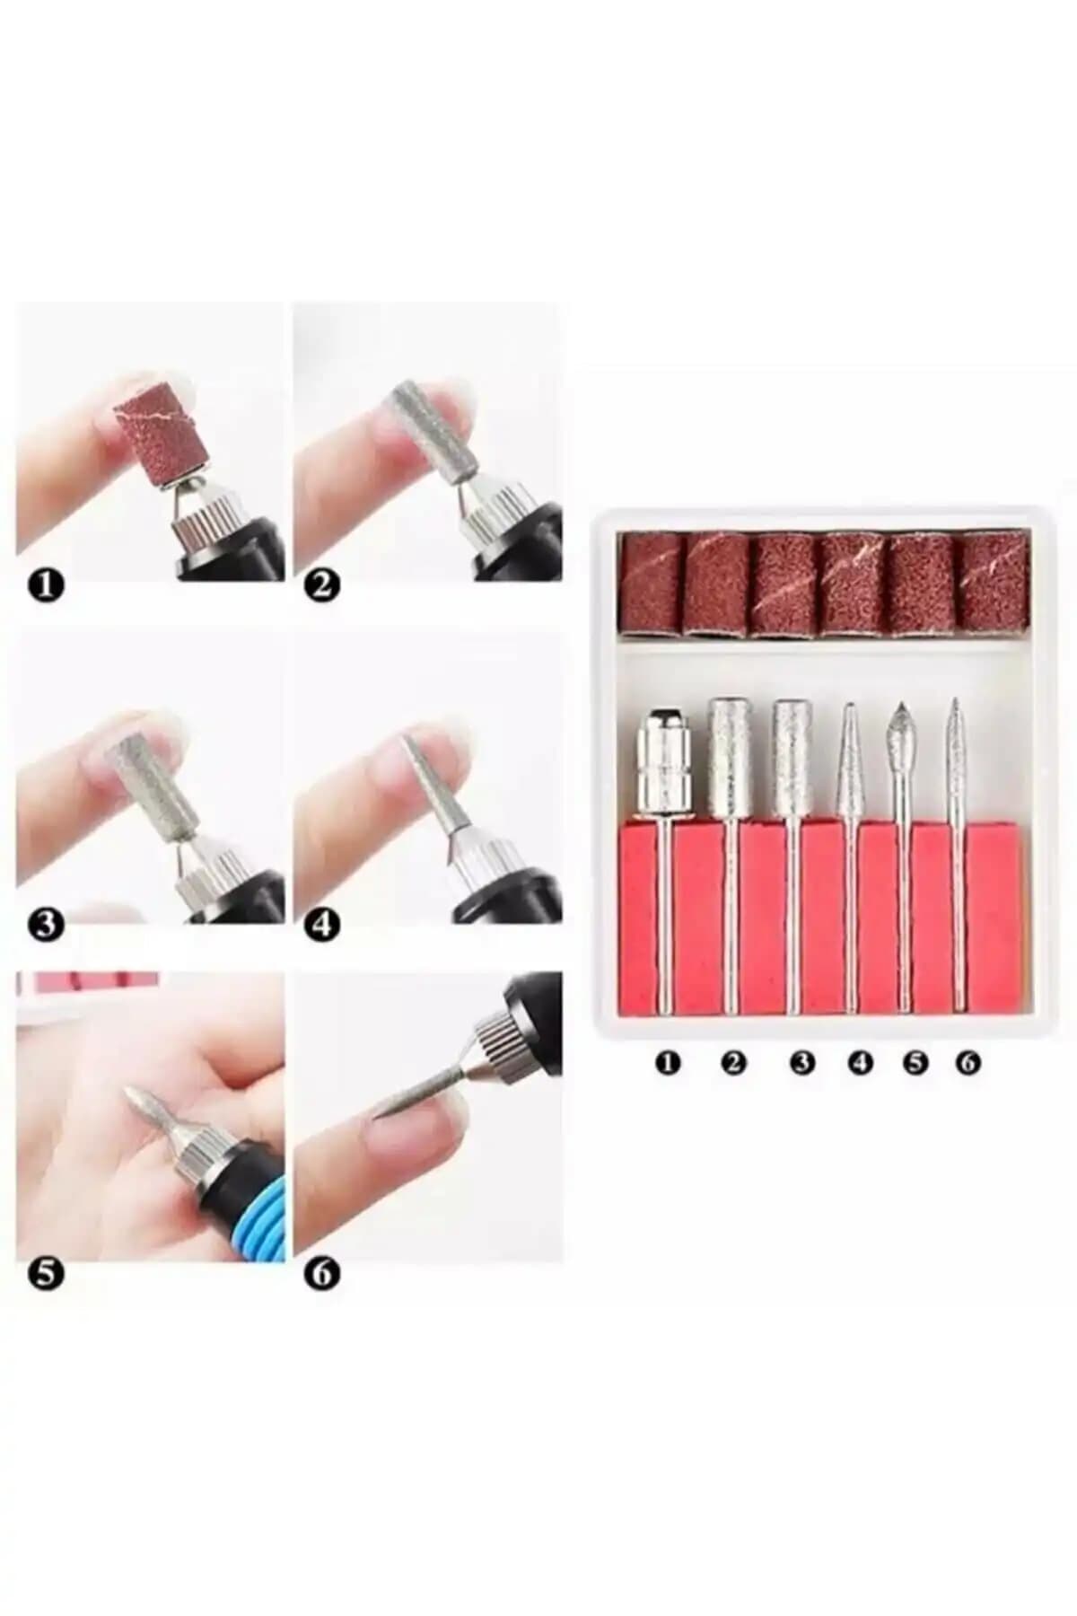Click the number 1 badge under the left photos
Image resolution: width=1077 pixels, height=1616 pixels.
[47, 586]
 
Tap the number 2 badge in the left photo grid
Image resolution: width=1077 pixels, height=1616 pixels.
[323, 586]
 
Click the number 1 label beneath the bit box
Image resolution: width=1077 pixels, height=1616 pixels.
[667, 1063]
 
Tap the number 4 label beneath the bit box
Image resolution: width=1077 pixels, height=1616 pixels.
[860, 1063]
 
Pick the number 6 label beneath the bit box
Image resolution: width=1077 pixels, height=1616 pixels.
[968, 1063]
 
